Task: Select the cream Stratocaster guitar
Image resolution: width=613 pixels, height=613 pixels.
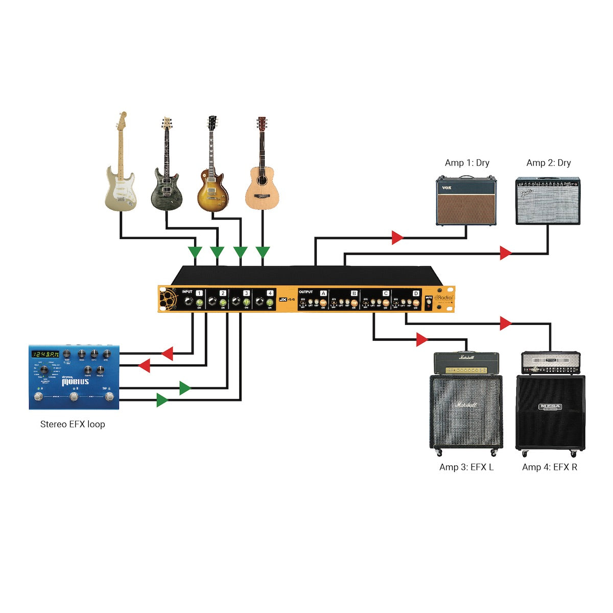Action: tap(121, 174)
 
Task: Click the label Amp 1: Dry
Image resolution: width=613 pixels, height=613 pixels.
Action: tap(467, 163)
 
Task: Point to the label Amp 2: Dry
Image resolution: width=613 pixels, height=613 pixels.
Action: tap(549, 163)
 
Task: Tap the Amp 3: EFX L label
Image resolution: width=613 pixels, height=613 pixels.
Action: tap(466, 467)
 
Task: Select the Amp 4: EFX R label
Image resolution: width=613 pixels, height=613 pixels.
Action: tap(550, 467)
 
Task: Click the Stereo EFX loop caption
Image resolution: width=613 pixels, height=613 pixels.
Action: tap(73, 424)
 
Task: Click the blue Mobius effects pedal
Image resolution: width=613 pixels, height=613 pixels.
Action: tap(74, 378)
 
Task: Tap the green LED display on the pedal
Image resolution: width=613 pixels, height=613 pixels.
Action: tap(45, 354)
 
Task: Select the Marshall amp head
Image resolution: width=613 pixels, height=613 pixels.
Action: tap(466, 363)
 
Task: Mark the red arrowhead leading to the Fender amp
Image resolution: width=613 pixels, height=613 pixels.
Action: tap(506, 252)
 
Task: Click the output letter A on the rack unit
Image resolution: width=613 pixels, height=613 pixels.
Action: tap(323, 293)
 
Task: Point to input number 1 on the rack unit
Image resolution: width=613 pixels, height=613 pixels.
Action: tap(199, 293)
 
